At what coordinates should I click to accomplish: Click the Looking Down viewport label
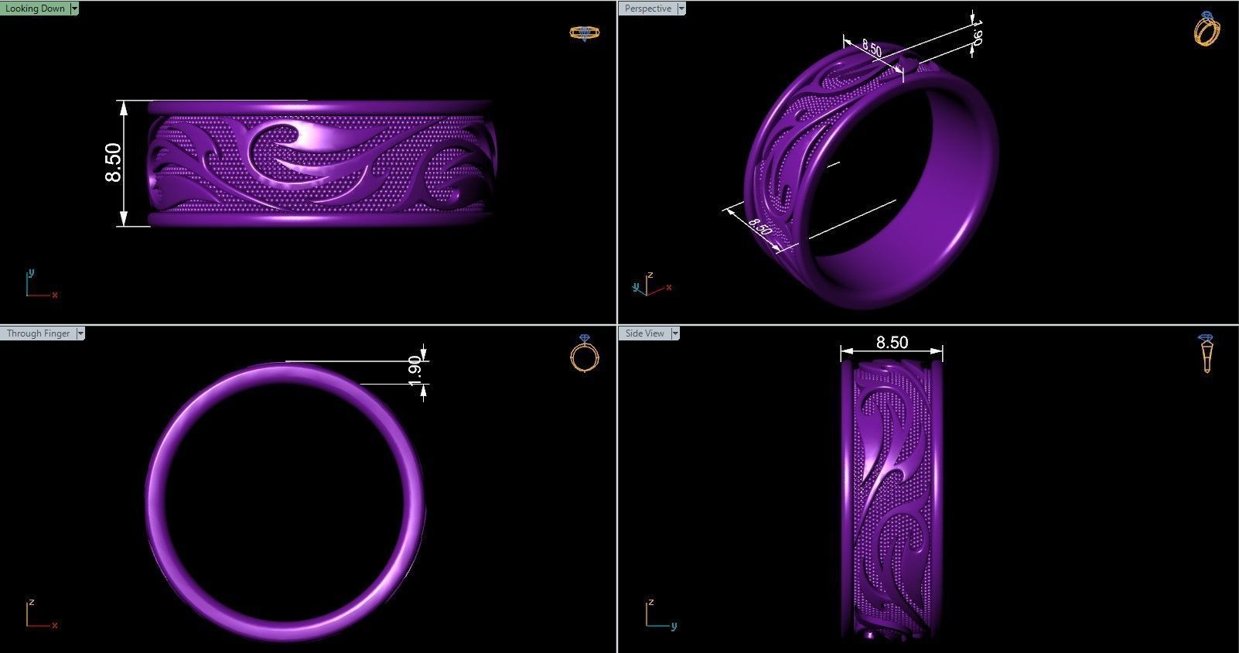35,9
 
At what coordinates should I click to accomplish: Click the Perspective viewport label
648,9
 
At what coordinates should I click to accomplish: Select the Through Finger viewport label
38,333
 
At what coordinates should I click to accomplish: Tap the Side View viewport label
644,333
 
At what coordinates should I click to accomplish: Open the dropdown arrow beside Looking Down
74,9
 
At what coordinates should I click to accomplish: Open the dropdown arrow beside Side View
675,333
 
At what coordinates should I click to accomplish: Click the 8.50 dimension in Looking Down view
113,163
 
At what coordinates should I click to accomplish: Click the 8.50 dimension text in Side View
891,342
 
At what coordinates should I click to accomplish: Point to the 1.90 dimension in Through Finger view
415,371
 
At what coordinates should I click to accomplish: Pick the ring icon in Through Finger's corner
585,354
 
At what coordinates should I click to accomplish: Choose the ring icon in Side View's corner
1207,354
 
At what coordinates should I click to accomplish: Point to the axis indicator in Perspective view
650,285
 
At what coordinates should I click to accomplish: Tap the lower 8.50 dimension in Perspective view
759,227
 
